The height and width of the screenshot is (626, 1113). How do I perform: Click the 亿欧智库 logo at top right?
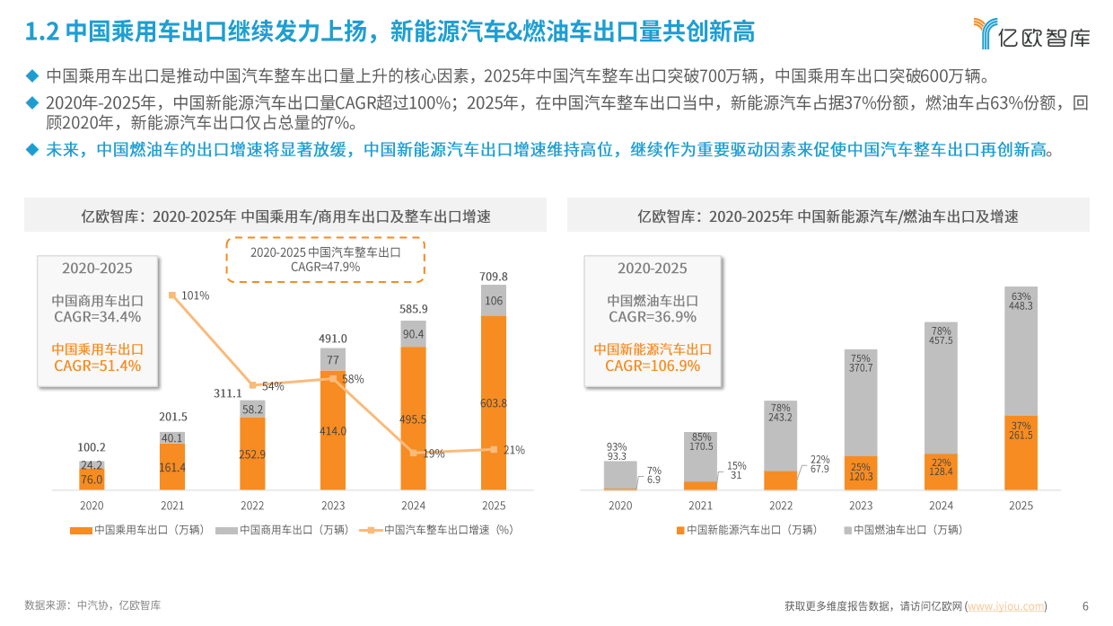[1032, 33]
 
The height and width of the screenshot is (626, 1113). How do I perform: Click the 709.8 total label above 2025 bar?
[493, 276]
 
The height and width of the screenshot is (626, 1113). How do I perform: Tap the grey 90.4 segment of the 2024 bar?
[413, 334]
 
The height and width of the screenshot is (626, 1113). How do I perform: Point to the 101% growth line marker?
[172, 295]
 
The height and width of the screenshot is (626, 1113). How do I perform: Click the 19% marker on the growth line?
[413, 453]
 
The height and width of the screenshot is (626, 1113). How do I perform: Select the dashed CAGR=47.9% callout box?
[325, 260]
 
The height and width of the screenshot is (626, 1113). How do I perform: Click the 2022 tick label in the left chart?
[252, 506]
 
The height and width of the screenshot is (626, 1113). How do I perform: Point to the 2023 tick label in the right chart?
[861, 506]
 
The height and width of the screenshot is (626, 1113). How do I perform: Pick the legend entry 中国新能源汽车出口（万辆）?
[746, 530]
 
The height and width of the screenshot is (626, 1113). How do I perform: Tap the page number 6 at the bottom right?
[1085, 605]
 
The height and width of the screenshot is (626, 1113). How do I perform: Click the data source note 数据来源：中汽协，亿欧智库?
[92, 605]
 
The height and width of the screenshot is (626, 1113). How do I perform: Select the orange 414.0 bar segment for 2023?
[333, 431]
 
